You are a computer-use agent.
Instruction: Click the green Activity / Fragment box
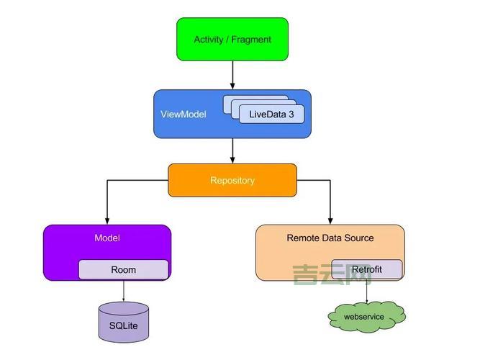coord(232,40)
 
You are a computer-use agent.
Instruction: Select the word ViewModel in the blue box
coord(183,114)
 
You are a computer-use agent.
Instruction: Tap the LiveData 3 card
coord(271,114)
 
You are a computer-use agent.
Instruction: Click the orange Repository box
coord(232,180)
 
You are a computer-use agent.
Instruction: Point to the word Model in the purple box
coord(107,238)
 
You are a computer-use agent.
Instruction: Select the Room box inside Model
coord(123,270)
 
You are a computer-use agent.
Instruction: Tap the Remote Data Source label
coord(330,238)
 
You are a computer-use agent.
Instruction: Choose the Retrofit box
coord(367,269)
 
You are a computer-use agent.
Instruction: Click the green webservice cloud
coord(365,317)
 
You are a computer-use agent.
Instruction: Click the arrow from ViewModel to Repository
coord(232,150)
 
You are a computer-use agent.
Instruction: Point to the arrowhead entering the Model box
coord(107,220)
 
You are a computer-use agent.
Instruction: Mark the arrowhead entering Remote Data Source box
coord(330,220)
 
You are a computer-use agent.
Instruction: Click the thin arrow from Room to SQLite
coord(123,291)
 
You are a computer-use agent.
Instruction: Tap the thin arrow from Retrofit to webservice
coord(367,291)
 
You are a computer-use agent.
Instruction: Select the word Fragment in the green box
coord(252,40)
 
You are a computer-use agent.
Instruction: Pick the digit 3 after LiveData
coord(291,114)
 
